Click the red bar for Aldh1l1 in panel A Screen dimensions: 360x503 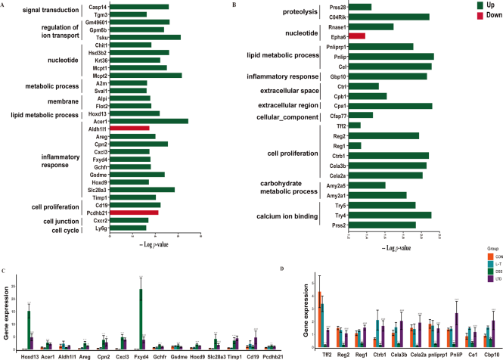129,129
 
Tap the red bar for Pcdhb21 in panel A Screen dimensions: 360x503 135,212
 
